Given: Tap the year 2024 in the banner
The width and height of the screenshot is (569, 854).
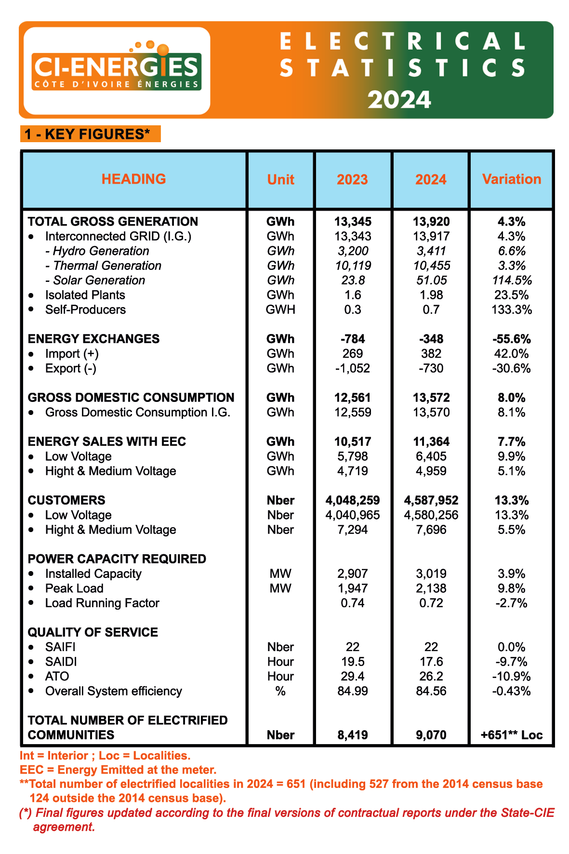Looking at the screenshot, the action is [x=399, y=100].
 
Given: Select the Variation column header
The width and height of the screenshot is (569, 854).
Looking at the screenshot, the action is [x=512, y=179].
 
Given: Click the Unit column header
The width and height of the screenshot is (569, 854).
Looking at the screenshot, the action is [x=281, y=180].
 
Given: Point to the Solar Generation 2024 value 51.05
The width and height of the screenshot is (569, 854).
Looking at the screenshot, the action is [x=431, y=280].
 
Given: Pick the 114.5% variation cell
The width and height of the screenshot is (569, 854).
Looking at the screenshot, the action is [x=512, y=280].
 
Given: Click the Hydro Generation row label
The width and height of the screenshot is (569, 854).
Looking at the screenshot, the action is [x=97, y=251].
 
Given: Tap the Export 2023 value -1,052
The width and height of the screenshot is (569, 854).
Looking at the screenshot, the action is [x=352, y=369].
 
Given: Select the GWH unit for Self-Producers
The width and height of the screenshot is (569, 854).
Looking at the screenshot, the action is [x=280, y=310].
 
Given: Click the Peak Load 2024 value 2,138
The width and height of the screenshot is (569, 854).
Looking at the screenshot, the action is [x=431, y=588].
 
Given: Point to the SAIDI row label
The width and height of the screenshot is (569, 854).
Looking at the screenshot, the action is [x=61, y=662].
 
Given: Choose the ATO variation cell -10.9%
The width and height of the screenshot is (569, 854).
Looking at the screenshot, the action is [x=512, y=677].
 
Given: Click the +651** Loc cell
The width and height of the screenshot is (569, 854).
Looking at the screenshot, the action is [x=512, y=735].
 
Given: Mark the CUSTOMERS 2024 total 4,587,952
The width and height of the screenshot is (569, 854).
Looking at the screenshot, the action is [x=431, y=500].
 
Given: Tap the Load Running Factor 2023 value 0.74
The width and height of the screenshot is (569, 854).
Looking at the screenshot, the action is [x=352, y=603].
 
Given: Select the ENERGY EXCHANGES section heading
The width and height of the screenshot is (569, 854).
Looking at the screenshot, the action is [x=93, y=339].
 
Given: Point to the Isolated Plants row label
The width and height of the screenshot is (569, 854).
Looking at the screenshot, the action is [x=85, y=295].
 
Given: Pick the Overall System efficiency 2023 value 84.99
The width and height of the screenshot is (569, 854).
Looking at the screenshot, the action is [x=352, y=691].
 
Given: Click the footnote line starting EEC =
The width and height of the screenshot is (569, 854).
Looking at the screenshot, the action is [x=118, y=770].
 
